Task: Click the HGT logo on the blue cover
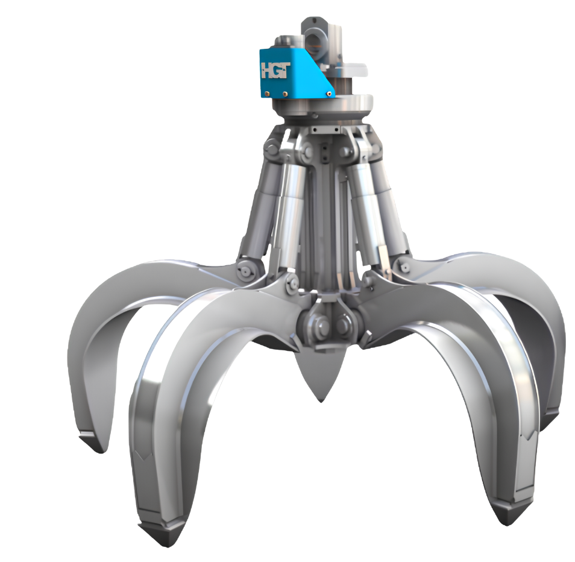tap(276, 70)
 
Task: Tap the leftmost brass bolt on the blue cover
tap(268, 93)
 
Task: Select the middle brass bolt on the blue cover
tap(284, 93)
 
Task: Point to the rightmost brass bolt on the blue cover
tap(330, 93)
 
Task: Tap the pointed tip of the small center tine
tap(321, 401)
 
